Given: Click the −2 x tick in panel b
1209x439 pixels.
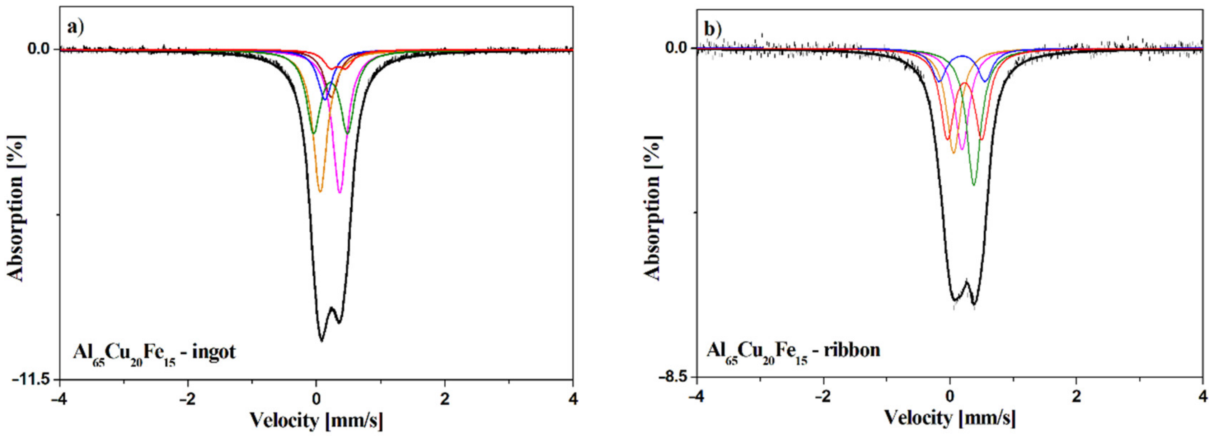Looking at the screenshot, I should (823, 397).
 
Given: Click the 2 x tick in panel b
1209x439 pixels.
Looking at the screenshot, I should (1076, 397).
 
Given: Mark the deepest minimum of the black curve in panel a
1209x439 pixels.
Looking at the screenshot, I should (322, 340).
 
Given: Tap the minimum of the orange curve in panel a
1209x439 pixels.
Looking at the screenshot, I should (320, 192).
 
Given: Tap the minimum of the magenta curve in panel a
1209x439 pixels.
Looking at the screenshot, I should (340, 192).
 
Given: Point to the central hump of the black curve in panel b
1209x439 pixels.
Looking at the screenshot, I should (966, 282).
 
